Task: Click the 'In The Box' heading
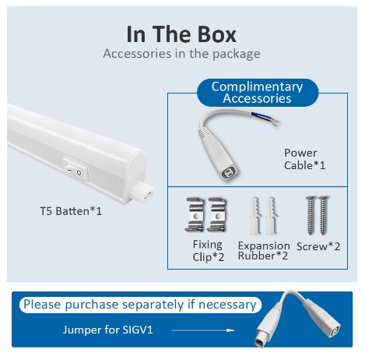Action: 181,34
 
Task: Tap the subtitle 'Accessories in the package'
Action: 181,54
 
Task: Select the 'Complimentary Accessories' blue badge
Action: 258,93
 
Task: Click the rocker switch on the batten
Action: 75,169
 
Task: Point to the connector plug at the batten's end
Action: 142,192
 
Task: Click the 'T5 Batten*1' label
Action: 71,211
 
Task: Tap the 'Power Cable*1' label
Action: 304,159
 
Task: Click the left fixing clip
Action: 195,214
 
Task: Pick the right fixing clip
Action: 216,214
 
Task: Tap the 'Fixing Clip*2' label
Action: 208,251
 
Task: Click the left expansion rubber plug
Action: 255,216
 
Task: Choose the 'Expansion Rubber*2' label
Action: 264,251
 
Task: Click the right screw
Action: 324,215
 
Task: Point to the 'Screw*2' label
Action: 318,246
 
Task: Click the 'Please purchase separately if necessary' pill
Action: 140,305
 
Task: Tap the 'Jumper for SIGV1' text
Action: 108,330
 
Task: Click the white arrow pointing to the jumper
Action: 203,330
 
